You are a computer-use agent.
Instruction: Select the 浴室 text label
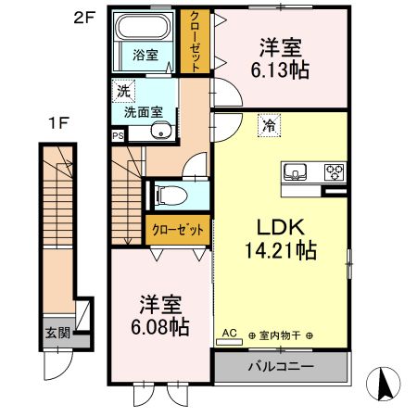145,55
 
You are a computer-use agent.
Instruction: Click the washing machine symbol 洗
121,92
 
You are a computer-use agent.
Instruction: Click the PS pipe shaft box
118,135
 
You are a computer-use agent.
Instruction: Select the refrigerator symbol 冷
267,120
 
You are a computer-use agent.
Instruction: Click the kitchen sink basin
297,171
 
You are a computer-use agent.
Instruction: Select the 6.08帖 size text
160,327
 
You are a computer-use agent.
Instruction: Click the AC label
229,331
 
